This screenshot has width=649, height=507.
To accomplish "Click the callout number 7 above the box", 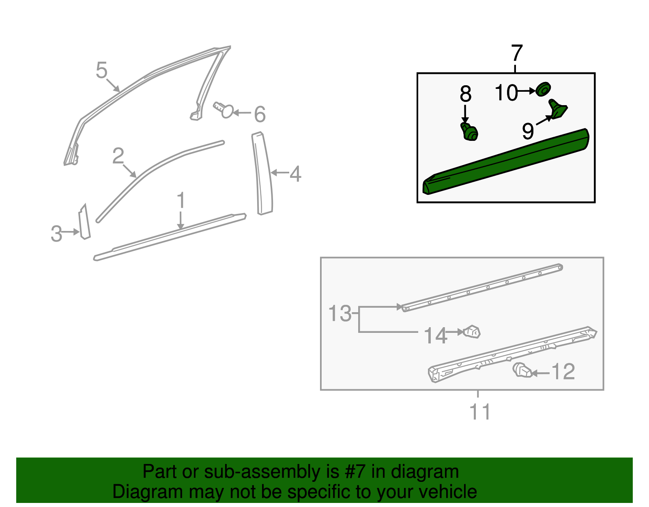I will pos(517,54).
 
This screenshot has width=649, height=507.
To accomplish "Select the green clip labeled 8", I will pos(469,132).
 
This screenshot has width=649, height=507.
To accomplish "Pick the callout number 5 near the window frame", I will pos(101,70).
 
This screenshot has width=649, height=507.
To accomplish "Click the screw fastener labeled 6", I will pos(223,109).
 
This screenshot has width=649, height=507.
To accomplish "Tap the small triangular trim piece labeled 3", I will pos(84,222).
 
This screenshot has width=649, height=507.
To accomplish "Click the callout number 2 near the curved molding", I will pos(118,156).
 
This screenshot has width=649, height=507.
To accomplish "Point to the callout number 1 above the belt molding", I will pos(181,201).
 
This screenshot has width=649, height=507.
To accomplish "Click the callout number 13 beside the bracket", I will pos(340,314).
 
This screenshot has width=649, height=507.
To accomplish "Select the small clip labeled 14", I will pos(472,332).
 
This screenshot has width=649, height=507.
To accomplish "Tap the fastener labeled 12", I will pos(522,370).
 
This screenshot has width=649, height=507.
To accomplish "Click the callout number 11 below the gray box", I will pos(480,412).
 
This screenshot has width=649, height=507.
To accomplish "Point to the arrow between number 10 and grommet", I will pos(527,91).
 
